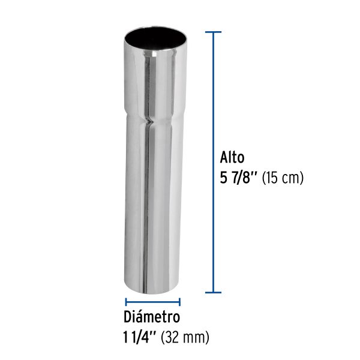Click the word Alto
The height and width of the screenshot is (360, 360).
232,158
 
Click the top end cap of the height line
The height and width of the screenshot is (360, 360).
214,32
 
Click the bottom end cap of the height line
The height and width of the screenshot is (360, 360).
214,293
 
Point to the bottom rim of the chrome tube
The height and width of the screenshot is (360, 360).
152,290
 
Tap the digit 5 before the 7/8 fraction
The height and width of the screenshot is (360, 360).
226,178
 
